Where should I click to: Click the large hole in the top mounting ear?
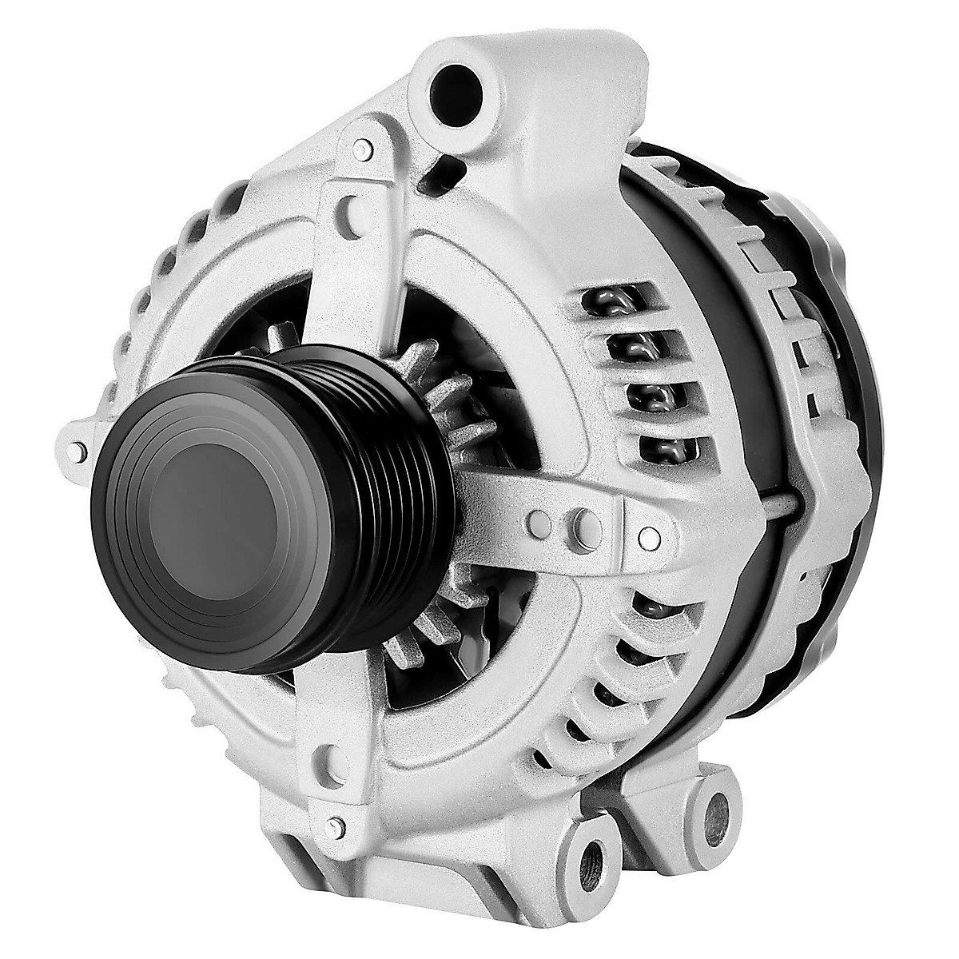tap(456, 86)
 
